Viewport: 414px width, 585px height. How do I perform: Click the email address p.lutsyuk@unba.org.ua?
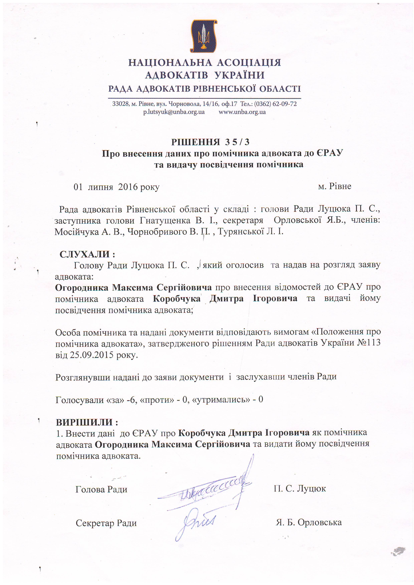click(174, 112)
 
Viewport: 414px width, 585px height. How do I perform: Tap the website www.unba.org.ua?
click(242, 112)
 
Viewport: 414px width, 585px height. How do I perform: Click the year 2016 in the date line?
click(128, 187)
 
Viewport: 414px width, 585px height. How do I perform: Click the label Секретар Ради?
click(106, 523)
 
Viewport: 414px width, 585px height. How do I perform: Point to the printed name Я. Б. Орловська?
click(309, 522)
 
